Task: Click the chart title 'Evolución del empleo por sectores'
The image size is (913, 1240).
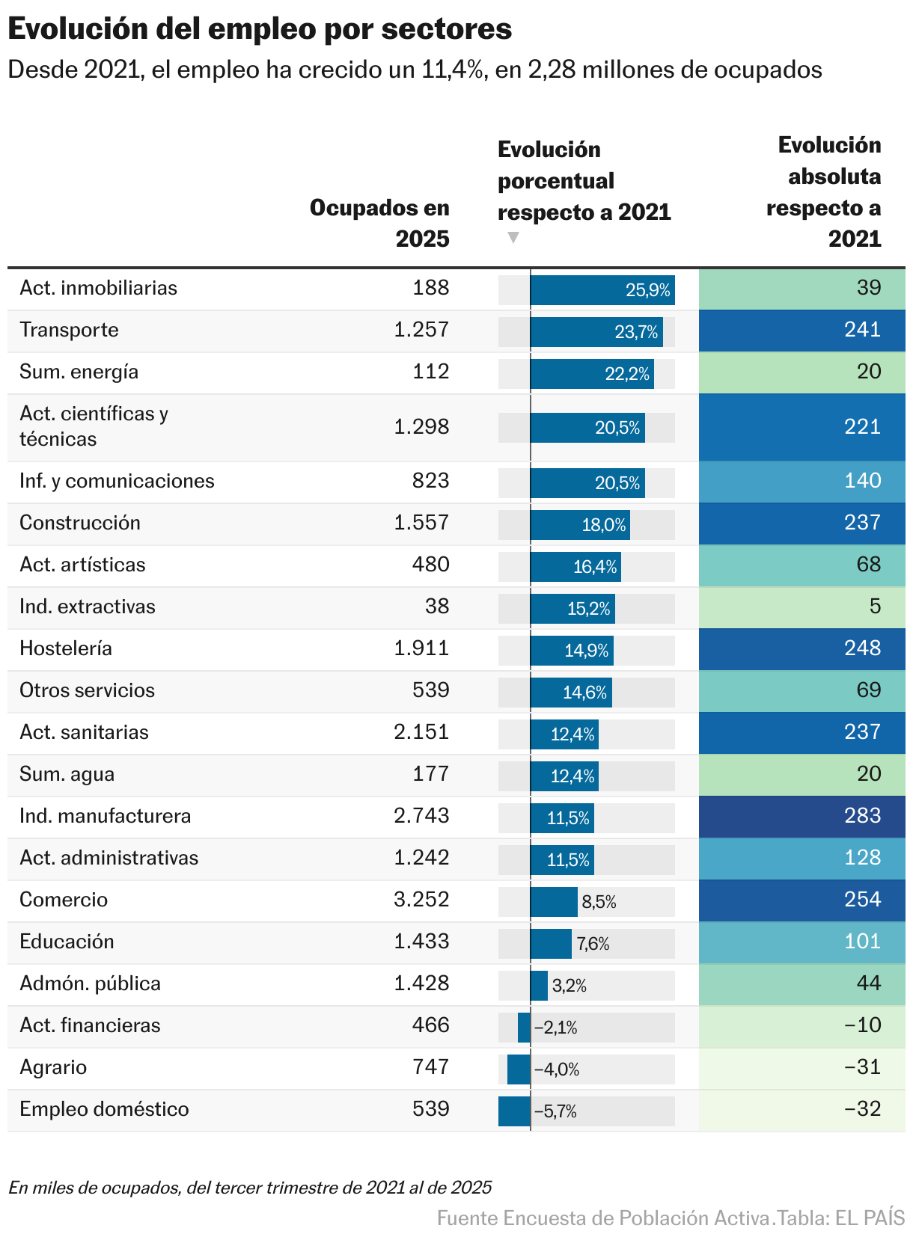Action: tap(260, 29)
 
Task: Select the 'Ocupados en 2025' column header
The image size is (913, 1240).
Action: tap(379, 223)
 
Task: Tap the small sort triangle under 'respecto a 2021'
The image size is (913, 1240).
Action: tap(513, 238)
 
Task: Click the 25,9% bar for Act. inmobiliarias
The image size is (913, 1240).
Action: tap(602, 290)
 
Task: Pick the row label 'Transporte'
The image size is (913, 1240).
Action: tap(69, 330)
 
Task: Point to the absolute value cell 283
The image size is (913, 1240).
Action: tap(862, 815)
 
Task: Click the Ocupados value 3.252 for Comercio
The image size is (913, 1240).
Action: tap(421, 899)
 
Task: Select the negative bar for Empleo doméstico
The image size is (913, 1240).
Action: tap(514, 1111)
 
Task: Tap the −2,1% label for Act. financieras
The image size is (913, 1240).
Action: tap(555, 1028)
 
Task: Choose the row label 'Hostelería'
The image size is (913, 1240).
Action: tap(66, 648)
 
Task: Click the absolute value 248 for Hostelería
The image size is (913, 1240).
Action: tap(862, 648)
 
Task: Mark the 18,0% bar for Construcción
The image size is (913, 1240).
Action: tap(580, 525)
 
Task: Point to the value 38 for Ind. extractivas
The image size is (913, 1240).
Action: tap(436, 606)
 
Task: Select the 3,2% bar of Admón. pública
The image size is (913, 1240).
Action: tap(539, 986)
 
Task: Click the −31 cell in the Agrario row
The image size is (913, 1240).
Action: tap(862, 1066)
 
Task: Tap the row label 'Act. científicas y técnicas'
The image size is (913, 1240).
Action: tap(94, 426)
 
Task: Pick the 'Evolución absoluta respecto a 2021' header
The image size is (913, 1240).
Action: tap(823, 191)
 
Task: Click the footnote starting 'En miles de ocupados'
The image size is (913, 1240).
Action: tap(250, 1187)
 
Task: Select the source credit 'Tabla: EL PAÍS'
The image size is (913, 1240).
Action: tap(841, 1218)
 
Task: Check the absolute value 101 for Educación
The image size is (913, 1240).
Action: tap(862, 941)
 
